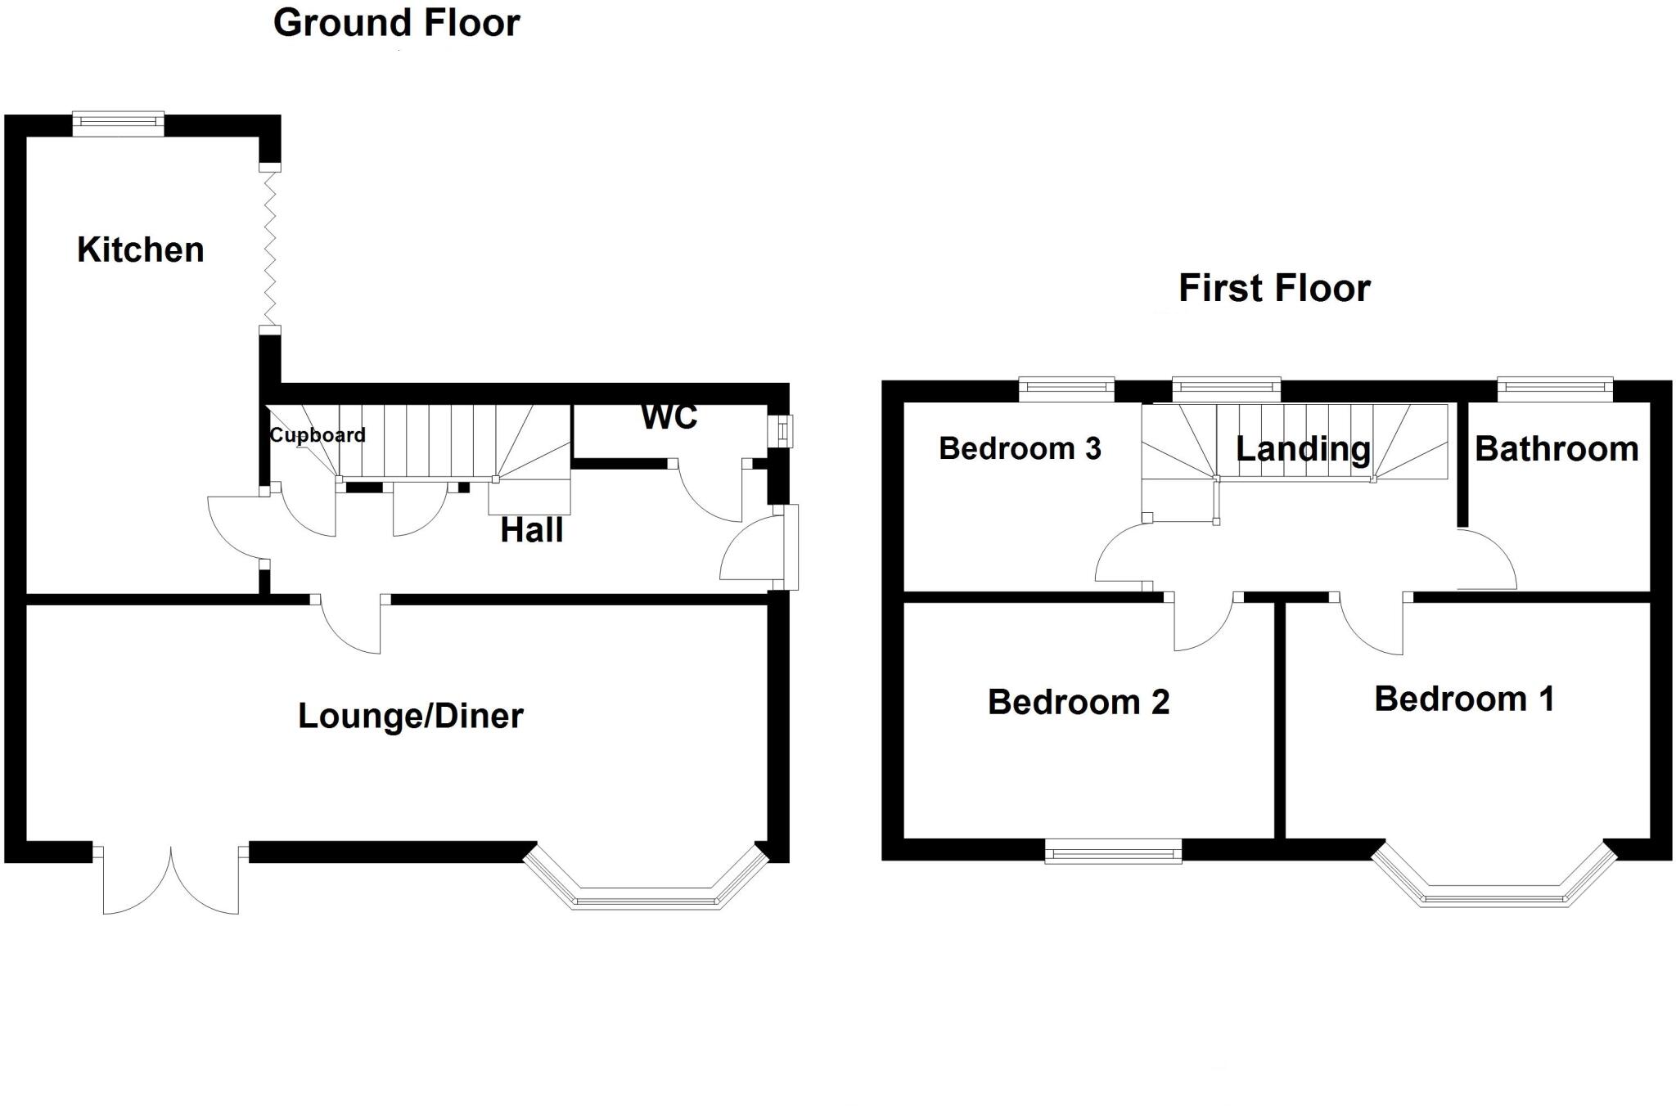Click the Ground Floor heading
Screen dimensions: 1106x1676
point(396,23)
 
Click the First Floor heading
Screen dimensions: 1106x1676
point(1273,288)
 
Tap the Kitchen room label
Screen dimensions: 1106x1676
point(140,250)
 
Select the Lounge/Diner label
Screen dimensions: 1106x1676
point(410,716)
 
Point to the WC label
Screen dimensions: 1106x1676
point(669,416)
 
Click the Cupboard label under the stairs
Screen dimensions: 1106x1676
point(317,434)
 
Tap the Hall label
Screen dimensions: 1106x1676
point(531,530)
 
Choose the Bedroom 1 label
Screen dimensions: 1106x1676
point(1463,699)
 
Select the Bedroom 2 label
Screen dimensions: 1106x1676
point(1078,702)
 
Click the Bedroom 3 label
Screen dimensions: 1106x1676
point(1019,448)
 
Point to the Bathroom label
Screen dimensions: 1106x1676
point(1556,449)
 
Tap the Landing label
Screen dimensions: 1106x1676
point(1302,449)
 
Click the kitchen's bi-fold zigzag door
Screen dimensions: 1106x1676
point(270,249)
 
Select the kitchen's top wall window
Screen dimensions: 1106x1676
point(118,124)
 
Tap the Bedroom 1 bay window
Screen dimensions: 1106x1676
point(1494,895)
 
